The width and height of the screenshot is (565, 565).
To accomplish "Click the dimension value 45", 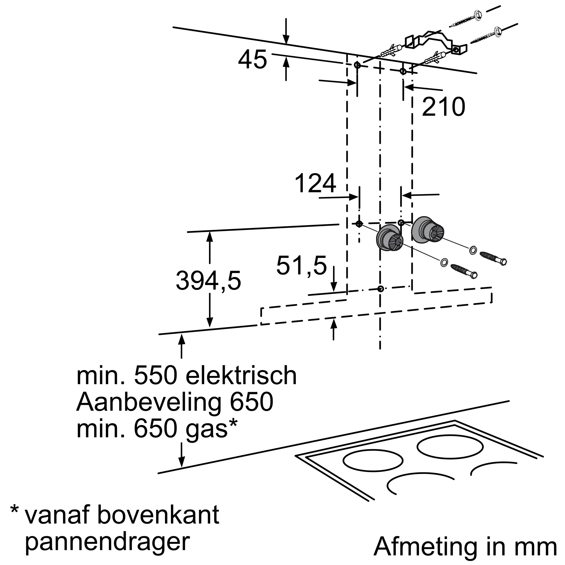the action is tap(252, 60).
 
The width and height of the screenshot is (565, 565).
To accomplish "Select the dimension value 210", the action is tap(443, 107).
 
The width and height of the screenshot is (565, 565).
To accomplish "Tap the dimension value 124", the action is tap(315, 184).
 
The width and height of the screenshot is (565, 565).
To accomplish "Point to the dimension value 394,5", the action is tap(208, 281).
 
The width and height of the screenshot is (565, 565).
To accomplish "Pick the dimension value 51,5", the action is tap(301, 266).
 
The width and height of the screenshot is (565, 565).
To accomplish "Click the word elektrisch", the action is tap(241, 376).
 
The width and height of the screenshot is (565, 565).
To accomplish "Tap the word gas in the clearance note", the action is tap(207, 429).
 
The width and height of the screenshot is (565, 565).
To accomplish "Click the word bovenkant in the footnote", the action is tap(158, 515).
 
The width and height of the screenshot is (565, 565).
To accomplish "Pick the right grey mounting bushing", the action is tap(427, 230).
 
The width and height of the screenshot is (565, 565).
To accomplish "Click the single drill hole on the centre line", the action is tap(380, 289).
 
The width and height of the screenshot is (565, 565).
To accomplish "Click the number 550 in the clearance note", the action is tap(156, 376).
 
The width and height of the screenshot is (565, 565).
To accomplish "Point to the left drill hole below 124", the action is tap(359, 224).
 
